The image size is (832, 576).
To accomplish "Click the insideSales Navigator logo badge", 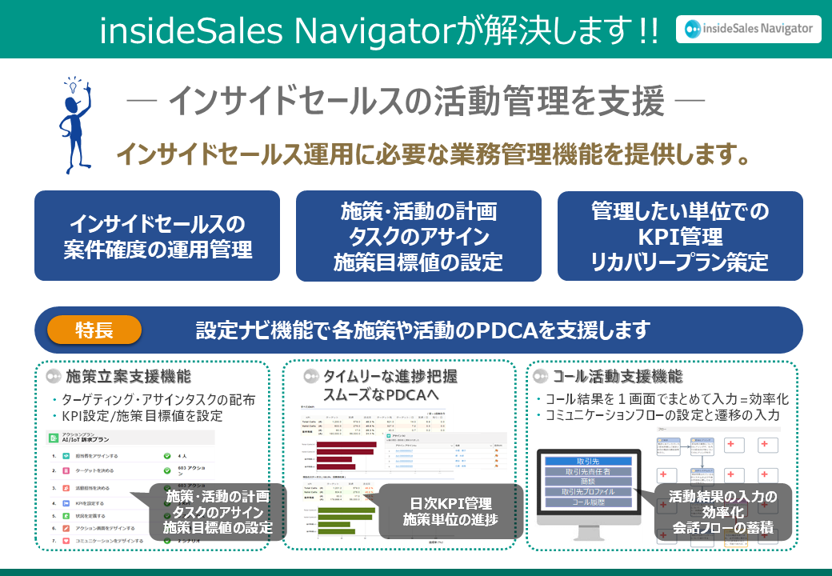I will pyautogui.click(x=747, y=29).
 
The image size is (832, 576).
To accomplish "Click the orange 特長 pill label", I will pyautogui.click(x=94, y=330).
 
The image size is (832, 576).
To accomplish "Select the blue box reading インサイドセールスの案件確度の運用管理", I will pyautogui.click(x=158, y=236).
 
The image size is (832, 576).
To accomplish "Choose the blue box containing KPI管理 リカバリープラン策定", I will pyautogui.click(x=680, y=236).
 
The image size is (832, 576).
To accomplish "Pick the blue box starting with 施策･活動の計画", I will pyautogui.click(x=418, y=236).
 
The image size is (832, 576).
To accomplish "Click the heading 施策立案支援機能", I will pyautogui.click(x=128, y=376).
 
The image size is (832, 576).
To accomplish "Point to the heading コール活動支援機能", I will pyautogui.click(x=618, y=376).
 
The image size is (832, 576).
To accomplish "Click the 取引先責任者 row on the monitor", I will pyautogui.click(x=588, y=472).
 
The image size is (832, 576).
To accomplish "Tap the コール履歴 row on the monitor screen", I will pyautogui.click(x=588, y=502).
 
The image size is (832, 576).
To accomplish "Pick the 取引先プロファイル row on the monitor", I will pyautogui.click(x=588, y=492).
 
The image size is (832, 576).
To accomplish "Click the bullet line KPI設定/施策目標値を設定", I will pyautogui.click(x=142, y=416).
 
